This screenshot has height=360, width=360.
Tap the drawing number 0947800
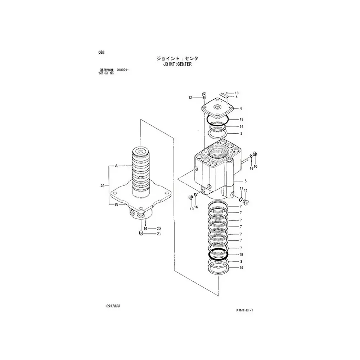[113, 306]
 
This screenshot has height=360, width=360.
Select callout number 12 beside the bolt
[190, 97]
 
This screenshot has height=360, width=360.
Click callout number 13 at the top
[237, 93]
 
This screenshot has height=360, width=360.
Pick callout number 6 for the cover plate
[241, 108]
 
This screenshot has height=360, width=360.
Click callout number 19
[242, 119]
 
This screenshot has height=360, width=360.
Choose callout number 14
[242, 126]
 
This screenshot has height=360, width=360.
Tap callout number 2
[241, 134]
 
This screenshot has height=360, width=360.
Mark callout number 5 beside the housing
[246, 181]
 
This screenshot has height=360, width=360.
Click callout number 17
[241, 189]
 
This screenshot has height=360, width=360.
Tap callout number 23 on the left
[103, 186]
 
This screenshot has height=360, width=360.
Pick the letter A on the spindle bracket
[116, 166]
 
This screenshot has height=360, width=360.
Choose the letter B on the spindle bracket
[116, 205]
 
